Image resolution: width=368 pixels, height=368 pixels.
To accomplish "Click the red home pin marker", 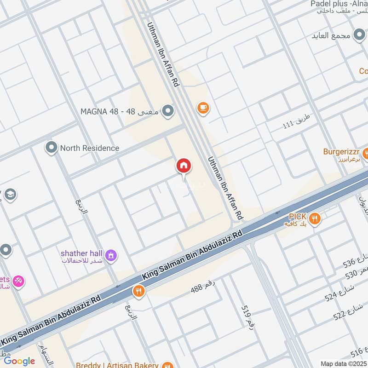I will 184,166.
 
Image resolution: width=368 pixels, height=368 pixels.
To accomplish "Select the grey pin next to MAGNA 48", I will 169,111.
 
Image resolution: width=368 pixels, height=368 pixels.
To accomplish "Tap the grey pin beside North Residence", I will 51,148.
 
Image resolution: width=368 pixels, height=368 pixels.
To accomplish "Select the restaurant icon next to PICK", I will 315,218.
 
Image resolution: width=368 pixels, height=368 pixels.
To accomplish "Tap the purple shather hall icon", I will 111,255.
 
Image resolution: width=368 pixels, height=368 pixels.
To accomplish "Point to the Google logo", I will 19,361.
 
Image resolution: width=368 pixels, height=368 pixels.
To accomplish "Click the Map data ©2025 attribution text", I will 344,363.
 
